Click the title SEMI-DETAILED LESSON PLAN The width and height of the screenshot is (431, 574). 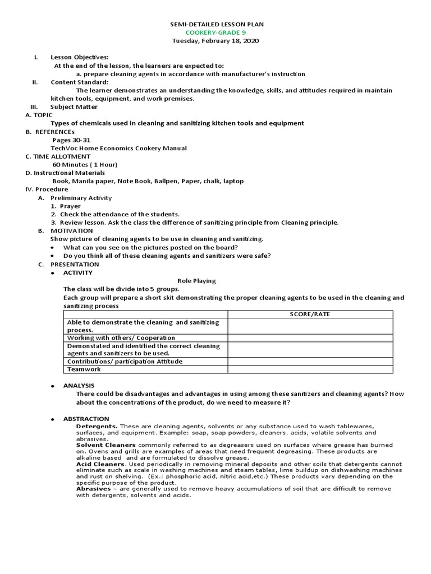tap(217, 25)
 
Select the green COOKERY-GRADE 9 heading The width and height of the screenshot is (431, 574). tap(217, 33)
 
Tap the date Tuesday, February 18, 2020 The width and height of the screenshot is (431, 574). tap(216, 41)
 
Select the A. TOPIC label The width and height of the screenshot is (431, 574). tap(39, 115)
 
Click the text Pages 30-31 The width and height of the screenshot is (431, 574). tap(71, 140)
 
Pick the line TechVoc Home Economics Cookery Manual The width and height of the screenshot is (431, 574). tap(119, 148)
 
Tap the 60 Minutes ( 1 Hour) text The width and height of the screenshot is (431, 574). tap(85, 165)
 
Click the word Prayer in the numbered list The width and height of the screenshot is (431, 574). tap(70, 206)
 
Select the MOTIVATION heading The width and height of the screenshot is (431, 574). tap(72, 231)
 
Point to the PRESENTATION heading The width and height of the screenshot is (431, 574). tap(75, 264)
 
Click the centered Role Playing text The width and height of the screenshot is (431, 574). tap(196, 281)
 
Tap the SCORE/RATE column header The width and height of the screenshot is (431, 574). tap(310, 314)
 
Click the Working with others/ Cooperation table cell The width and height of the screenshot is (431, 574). tap(121, 338)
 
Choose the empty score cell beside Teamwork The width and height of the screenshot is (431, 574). tap(310, 369)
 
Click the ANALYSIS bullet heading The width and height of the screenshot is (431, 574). tap(79, 386)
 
